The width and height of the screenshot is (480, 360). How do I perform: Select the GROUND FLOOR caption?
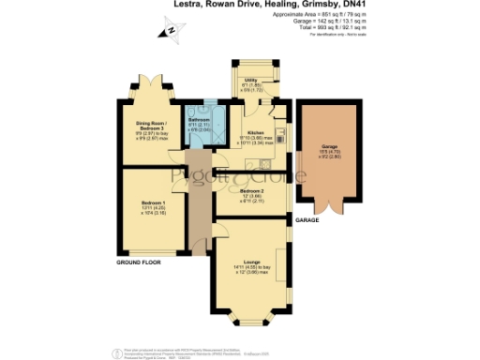(136, 263)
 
